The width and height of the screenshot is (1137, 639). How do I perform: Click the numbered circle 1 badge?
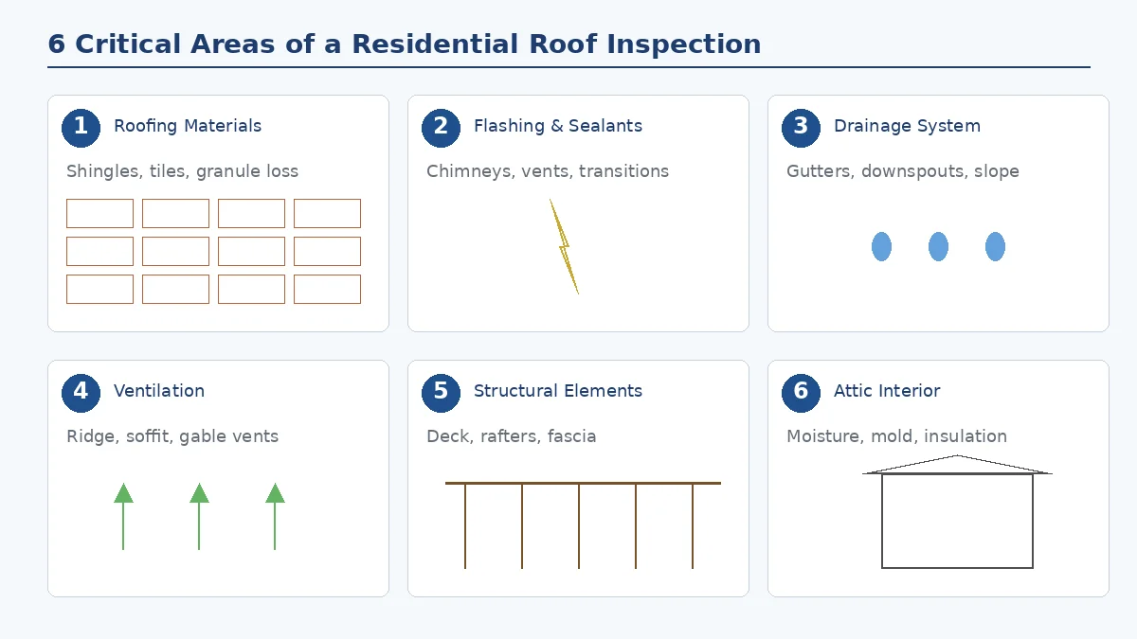81,128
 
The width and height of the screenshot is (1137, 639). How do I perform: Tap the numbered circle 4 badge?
81,393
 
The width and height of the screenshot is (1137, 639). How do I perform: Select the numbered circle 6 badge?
801,393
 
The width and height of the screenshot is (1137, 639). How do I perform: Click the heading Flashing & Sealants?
557,126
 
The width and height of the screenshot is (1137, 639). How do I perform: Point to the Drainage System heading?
907,126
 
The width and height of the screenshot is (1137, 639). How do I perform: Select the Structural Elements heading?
557,391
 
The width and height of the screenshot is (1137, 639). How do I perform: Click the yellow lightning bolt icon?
565,246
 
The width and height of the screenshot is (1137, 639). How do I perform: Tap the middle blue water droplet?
938,246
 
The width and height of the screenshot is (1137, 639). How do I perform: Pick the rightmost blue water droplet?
995,246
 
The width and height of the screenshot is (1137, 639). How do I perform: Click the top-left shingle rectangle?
99,213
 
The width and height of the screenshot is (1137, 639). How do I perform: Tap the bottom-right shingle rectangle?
327,289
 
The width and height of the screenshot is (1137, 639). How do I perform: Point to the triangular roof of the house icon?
957,466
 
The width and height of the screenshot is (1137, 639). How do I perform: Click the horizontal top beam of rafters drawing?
583,483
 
